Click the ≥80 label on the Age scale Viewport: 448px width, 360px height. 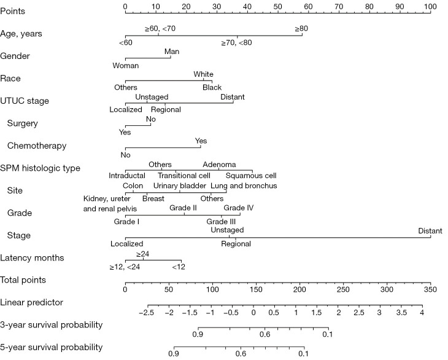[301, 29]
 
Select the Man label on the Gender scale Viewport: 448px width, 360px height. [172, 52]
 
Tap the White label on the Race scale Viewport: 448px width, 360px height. [203, 74]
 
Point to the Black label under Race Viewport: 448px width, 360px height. [212, 87]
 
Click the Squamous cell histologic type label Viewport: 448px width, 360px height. [251, 175]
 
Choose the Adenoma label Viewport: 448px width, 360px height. [220, 165]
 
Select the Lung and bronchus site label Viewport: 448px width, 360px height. [244, 186]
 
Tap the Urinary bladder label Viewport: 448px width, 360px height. [180, 186]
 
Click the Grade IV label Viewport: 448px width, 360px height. [239, 208]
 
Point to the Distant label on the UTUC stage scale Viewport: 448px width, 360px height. [233, 97]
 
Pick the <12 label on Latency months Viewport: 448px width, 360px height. [179, 267]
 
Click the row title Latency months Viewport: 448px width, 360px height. [32, 257]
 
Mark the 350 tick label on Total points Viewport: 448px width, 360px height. [430, 289]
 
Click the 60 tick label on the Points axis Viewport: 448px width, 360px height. [308, 6]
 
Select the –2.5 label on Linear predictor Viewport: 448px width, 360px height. [147, 312]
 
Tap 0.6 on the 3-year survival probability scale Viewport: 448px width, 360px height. [265, 334]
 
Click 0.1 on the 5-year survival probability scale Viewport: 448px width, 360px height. [303, 354]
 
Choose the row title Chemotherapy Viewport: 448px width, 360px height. [37, 146]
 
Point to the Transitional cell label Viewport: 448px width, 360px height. [184, 175]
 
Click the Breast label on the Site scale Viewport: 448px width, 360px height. [153, 198]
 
